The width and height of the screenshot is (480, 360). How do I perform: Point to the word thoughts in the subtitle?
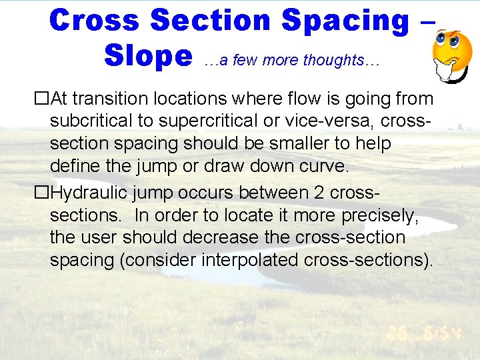[x=333, y=60]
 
